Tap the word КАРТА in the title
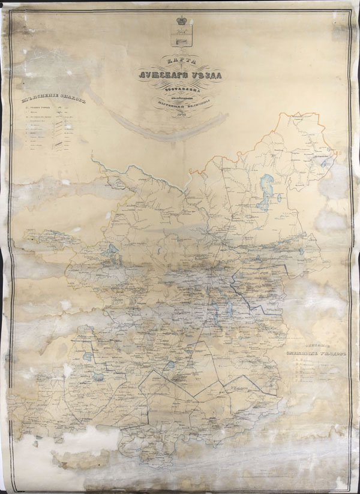pyautogui.click(x=178, y=60)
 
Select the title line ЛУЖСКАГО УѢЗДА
pyautogui.click(x=178, y=76)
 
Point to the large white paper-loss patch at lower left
pyautogui.click(x=72, y=444)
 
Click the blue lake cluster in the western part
pyautogui.click(x=111, y=252)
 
